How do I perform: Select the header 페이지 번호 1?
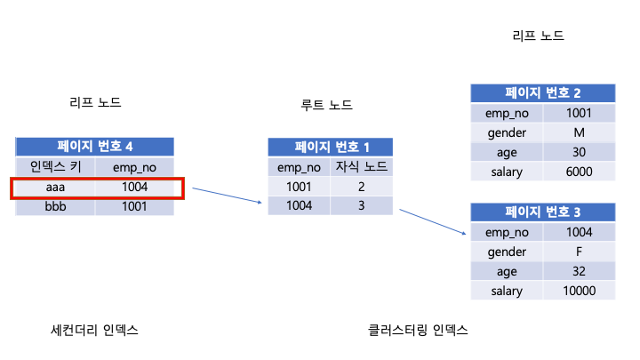click(x=330, y=148)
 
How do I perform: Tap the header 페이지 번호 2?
click(x=543, y=93)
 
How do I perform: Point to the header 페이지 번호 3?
click(x=543, y=213)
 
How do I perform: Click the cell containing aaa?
click(x=55, y=187)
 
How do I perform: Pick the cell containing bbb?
click(x=55, y=206)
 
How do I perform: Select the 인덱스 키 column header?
click(x=55, y=167)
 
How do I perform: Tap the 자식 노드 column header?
click(x=361, y=167)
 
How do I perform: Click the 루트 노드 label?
click(x=327, y=106)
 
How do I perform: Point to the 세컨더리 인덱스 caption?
click(x=95, y=331)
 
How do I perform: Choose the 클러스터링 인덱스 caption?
click(x=418, y=331)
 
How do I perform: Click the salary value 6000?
click(x=580, y=172)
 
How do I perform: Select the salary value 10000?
click(x=580, y=292)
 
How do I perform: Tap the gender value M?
click(x=580, y=132)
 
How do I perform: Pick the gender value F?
click(x=580, y=252)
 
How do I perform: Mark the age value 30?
click(x=580, y=152)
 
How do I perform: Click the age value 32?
click(x=580, y=272)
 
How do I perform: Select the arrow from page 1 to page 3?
click(x=433, y=221)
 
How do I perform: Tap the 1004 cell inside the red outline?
click(x=135, y=187)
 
